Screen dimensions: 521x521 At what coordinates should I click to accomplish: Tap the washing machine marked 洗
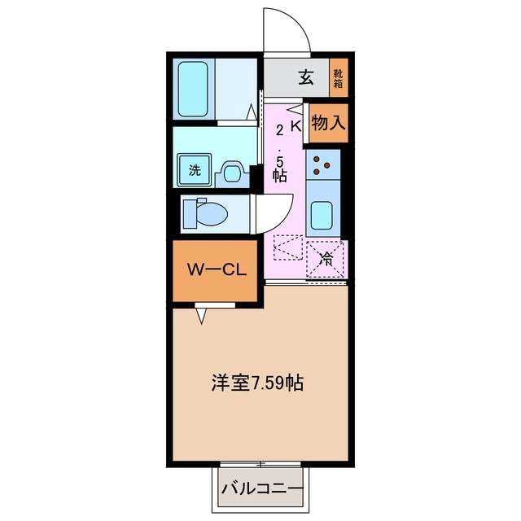[x=195, y=171]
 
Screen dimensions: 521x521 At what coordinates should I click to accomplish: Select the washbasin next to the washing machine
[x=230, y=171]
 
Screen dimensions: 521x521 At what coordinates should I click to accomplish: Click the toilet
[x=207, y=214]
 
